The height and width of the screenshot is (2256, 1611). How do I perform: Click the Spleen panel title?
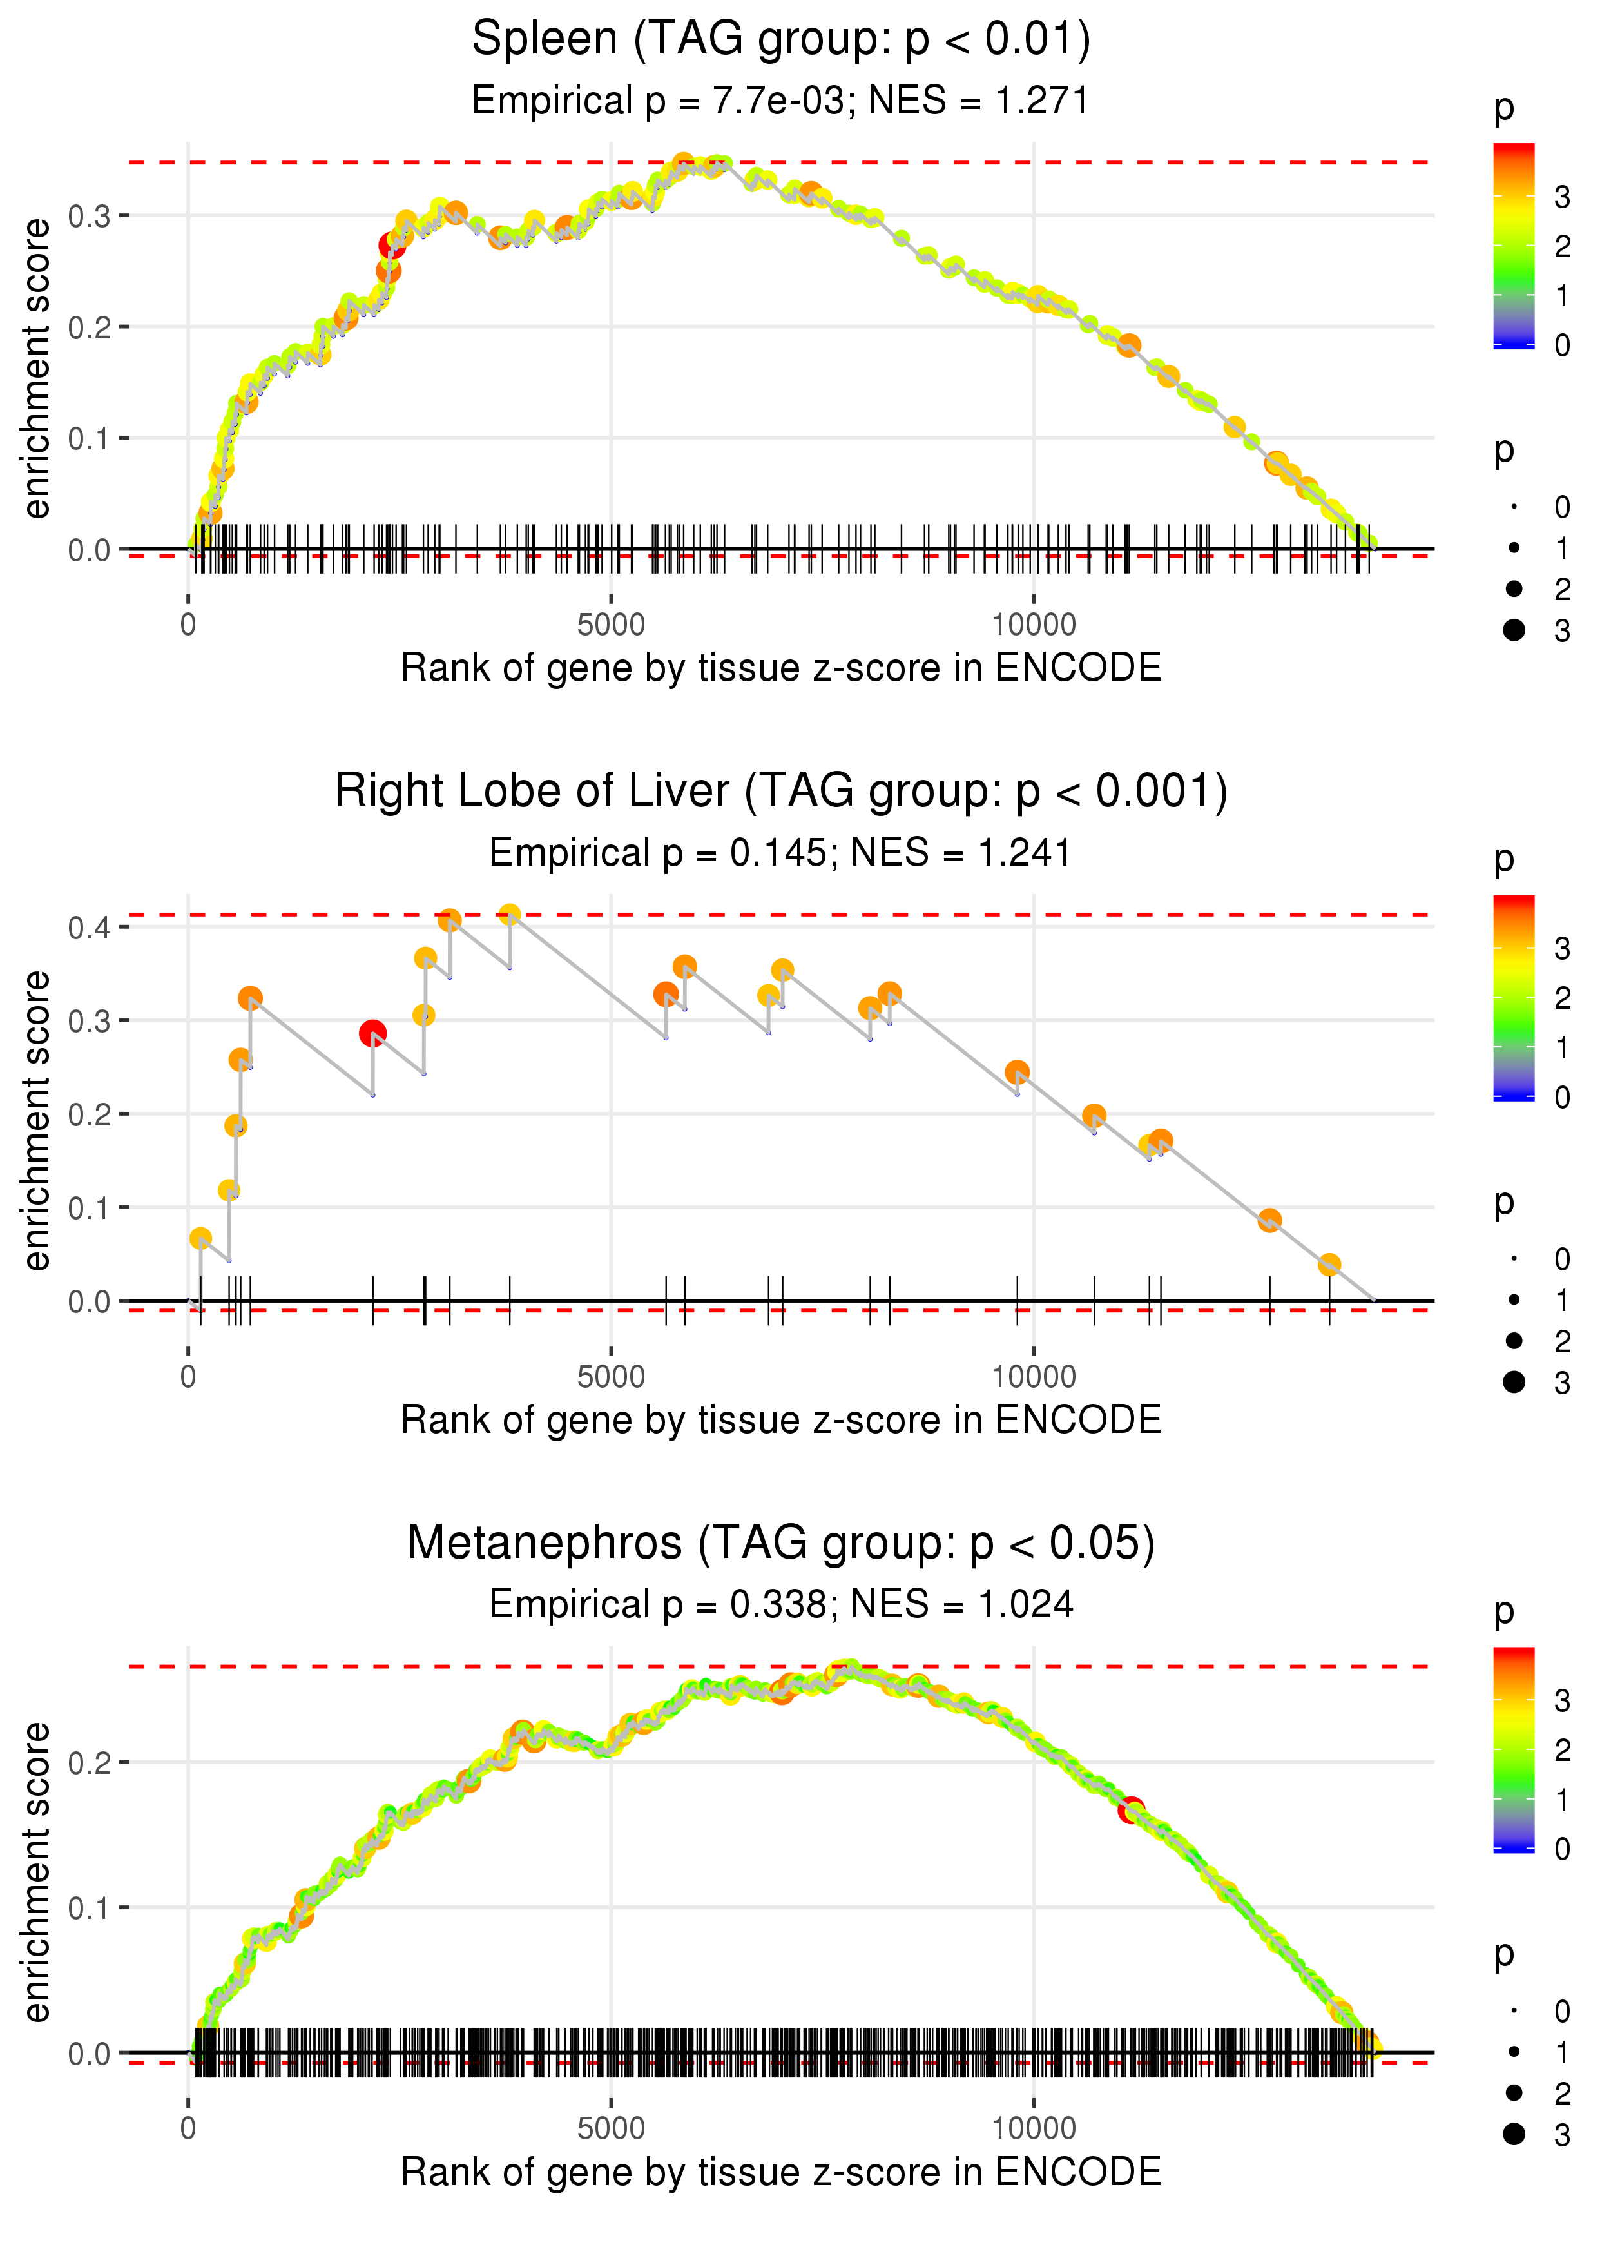pos(781,40)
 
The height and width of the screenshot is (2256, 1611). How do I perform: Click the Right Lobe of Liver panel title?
pos(781,792)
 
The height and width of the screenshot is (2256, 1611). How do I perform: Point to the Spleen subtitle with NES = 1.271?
pos(781,101)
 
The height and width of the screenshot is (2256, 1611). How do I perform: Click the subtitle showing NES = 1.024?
pos(781,1605)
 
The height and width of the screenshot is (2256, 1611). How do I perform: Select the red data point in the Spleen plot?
pos(391,245)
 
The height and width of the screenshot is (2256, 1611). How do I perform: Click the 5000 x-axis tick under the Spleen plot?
pos(611,625)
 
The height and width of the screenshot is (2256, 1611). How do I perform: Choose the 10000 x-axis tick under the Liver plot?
pos(1034,1377)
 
